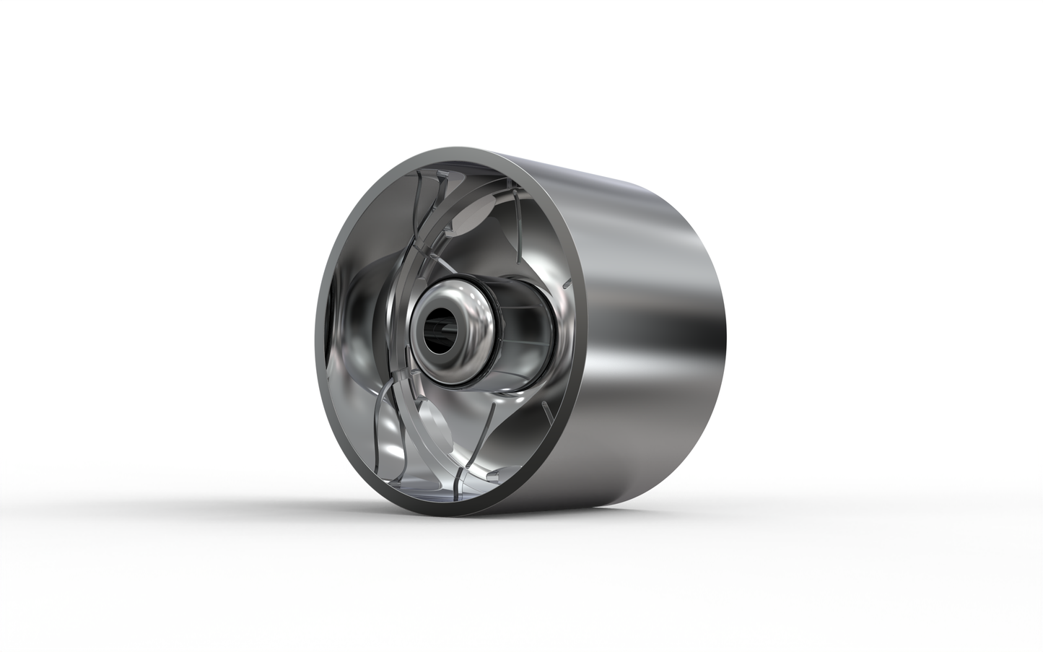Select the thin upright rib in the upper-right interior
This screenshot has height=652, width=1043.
coord(519,217)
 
